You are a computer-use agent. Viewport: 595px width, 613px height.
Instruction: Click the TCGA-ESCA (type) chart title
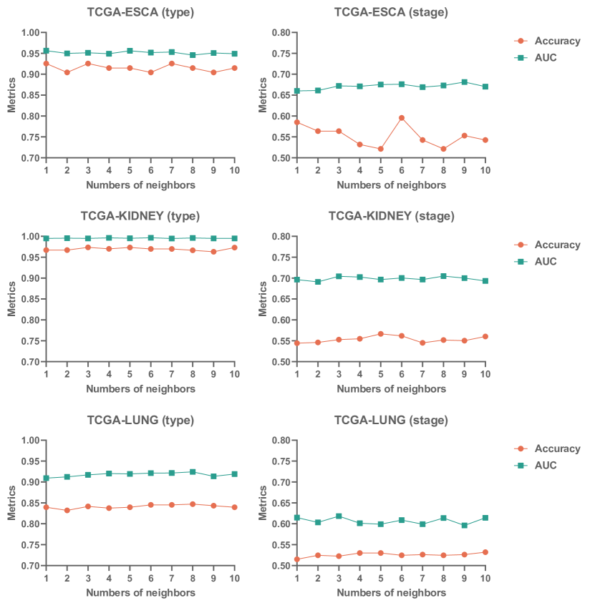tap(140, 12)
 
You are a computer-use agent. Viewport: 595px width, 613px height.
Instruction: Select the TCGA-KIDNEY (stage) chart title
tap(391, 216)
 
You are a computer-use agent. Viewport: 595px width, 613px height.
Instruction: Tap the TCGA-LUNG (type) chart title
tap(140, 420)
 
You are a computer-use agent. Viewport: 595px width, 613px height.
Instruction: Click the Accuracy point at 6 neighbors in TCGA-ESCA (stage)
tap(402, 117)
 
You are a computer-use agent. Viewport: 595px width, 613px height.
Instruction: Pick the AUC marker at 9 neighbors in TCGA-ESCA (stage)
tap(464, 82)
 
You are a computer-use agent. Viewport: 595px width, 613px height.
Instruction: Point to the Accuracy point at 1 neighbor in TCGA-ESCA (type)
tap(46, 64)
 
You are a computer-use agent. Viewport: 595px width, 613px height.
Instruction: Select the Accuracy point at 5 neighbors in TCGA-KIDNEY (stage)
tap(381, 334)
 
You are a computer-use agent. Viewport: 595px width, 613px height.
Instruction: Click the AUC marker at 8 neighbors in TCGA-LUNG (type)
tap(193, 472)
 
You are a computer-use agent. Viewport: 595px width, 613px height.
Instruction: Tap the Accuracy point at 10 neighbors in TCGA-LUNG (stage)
tap(485, 552)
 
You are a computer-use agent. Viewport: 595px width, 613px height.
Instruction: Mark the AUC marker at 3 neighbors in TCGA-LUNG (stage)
tap(339, 516)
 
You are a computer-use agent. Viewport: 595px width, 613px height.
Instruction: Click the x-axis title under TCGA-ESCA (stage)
tap(391, 185)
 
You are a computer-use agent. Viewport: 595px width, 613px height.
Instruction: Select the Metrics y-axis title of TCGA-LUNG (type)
tap(11, 503)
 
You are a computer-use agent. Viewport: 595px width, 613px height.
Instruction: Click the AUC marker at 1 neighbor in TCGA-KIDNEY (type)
tap(46, 238)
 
